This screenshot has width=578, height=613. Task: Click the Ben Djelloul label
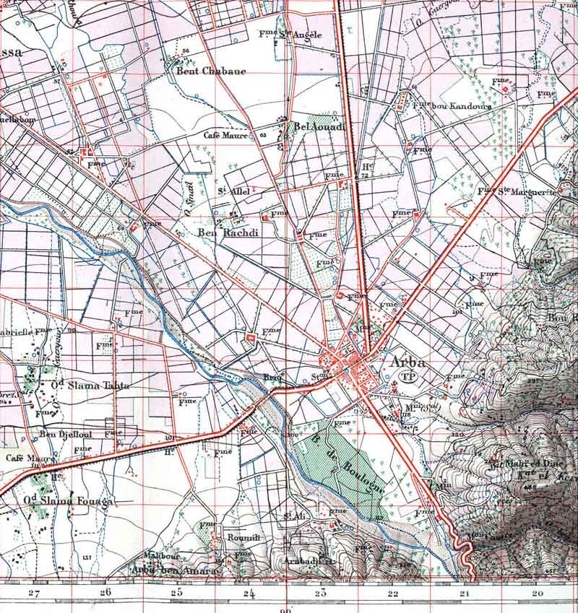[x=58, y=434]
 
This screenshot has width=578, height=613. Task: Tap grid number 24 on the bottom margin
[x=249, y=594]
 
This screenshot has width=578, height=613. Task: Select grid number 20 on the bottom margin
[x=536, y=593]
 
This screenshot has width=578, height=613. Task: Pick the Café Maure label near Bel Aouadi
[x=225, y=134]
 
